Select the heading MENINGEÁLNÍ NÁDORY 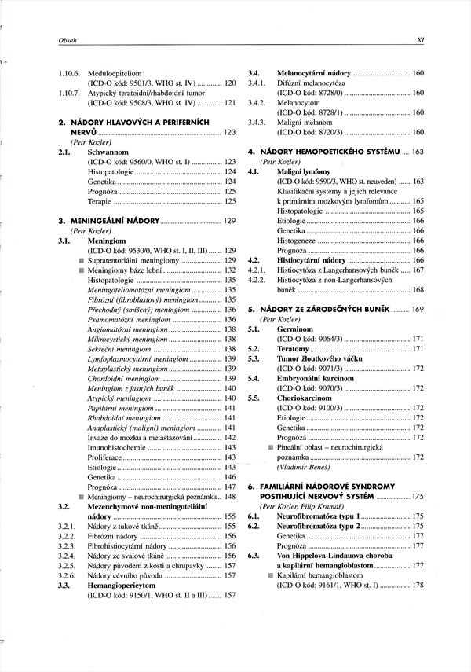coord(115,221)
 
